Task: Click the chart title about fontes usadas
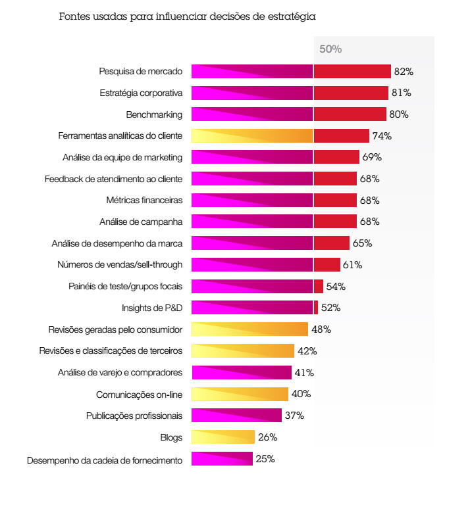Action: click(188, 17)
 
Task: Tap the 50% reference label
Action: click(330, 49)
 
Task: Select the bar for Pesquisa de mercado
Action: click(291, 71)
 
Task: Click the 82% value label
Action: click(404, 71)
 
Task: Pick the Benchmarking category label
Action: click(154, 114)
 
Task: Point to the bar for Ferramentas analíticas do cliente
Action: click(280, 136)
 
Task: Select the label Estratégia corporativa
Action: click(141, 93)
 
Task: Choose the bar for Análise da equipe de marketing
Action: click(275, 157)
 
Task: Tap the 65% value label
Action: click(362, 243)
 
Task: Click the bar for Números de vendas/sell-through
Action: click(265, 265)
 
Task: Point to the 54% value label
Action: click(336, 287)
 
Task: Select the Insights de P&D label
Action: click(152, 308)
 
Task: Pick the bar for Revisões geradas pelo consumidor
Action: click(249, 329)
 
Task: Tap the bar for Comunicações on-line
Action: click(240, 394)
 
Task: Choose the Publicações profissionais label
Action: click(134, 416)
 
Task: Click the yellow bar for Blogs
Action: click(222, 437)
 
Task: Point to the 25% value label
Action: click(265, 459)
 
